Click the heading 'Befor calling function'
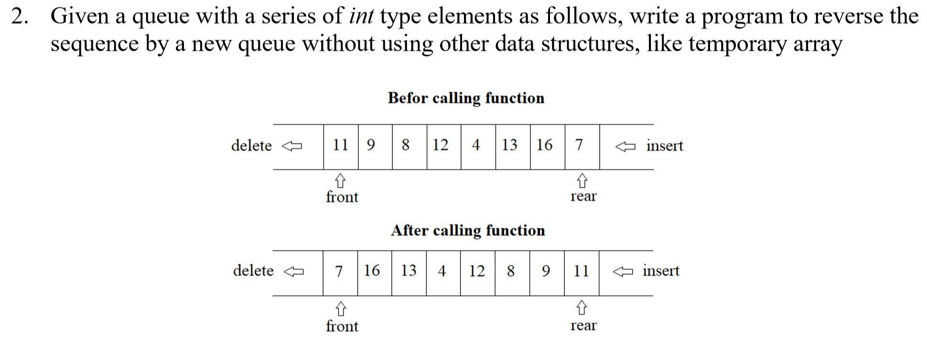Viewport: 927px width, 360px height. [x=466, y=98]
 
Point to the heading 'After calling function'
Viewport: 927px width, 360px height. [x=468, y=230]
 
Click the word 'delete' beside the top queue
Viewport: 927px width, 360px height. [x=251, y=145]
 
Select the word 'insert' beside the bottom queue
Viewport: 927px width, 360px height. [x=661, y=271]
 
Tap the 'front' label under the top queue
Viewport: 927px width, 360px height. [x=342, y=197]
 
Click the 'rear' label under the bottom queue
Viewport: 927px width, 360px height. [x=583, y=326]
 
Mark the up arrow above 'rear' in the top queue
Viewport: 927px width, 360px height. [x=582, y=181]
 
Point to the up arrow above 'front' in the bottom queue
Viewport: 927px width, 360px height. [x=340, y=309]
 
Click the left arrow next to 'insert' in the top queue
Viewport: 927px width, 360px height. [x=625, y=146]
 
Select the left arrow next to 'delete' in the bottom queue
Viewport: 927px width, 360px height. [x=293, y=272]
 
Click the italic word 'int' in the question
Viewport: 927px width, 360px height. [x=361, y=16]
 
